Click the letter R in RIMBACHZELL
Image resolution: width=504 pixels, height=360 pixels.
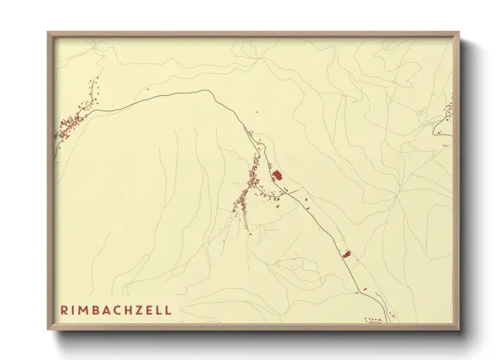tap(64, 309)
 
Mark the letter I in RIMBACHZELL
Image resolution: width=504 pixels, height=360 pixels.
tap(74, 309)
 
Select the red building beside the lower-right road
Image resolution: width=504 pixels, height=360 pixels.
tap(346, 254)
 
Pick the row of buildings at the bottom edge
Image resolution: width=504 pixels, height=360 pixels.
tap(375, 321)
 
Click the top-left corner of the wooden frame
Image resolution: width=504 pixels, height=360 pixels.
tap(49, 33)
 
